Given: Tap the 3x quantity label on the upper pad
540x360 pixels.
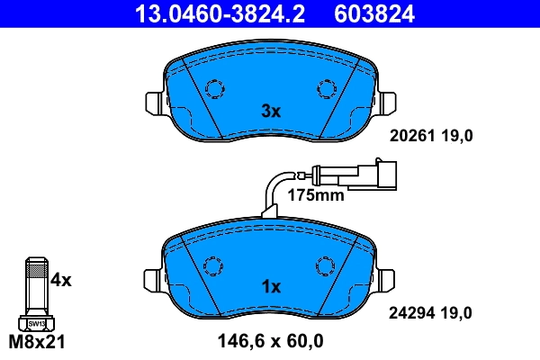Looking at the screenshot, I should [271, 112].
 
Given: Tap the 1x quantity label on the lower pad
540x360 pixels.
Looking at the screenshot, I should [271, 287].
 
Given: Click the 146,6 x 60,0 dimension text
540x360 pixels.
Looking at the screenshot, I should [271, 341].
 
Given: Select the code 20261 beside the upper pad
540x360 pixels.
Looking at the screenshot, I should [410, 136].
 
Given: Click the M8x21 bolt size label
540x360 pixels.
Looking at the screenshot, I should [37, 342].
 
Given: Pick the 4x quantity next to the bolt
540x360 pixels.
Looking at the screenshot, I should [61, 280].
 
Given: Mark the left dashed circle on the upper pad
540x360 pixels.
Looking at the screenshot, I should [215, 88].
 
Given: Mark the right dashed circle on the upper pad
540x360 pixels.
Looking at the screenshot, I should [325, 88].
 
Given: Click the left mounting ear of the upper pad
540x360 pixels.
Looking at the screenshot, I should [154, 103].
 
